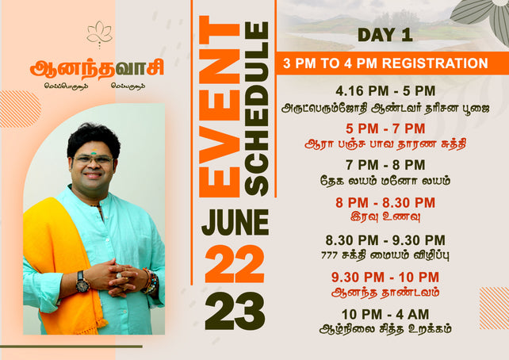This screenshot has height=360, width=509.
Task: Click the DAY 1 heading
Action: tap(385, 35)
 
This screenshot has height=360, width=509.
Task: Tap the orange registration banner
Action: tap(385, 63)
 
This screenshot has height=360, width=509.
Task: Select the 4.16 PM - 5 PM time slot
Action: tap(385, 91)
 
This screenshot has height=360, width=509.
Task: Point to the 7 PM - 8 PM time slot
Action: tap(385, 165)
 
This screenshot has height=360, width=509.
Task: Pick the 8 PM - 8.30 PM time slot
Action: tap(385, 202)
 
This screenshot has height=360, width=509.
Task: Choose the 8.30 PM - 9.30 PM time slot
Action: tap(385, 239)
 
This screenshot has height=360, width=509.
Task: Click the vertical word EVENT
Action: tap(219, 107)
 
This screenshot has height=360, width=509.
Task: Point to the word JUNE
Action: tap(235, 222)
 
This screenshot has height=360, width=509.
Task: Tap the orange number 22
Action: tap(235, 263)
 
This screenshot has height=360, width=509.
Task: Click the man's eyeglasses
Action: tap(94, 159)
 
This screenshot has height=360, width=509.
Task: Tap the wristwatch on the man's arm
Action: tap(82, 281)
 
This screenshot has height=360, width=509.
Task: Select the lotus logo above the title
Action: tap(99, 34)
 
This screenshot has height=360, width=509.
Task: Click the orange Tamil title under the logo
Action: tap(87, 69)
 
